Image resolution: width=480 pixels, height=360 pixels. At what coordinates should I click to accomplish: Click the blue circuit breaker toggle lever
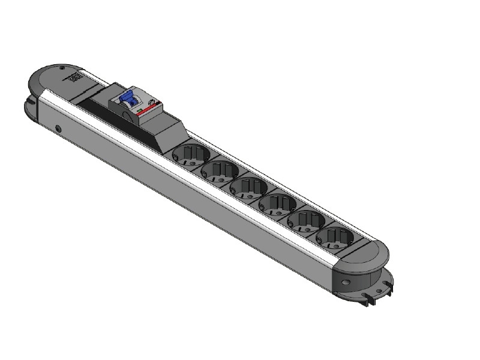point(127,98)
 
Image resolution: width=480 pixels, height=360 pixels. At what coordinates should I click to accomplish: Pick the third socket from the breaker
point(247,187)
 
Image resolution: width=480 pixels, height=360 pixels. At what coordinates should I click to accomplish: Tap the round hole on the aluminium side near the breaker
point(58,128)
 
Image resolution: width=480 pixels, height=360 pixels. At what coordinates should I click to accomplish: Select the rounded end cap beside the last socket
point(366,258)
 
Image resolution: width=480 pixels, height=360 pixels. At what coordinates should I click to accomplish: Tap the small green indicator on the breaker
point(139,112)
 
